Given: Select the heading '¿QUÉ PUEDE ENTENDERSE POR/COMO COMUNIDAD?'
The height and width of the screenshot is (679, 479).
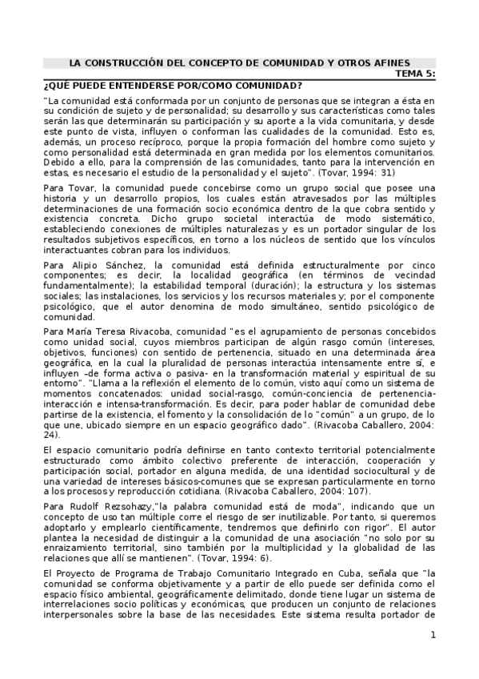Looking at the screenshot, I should [x=172, y=85].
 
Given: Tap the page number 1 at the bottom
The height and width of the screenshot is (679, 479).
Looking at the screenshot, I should [x=433, y=657].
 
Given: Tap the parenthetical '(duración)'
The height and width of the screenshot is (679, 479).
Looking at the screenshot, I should [x=277, y=285].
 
